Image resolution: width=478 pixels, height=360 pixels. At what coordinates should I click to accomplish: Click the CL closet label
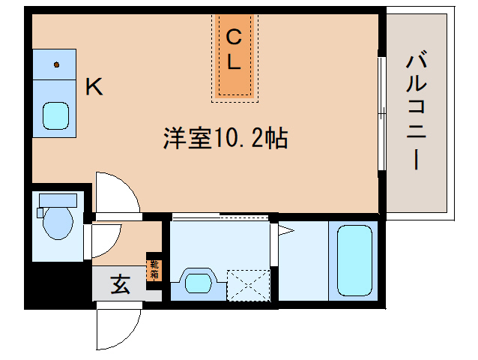coord(235,50)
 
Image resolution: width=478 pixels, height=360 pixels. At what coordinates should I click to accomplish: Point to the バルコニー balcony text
coord(417,113)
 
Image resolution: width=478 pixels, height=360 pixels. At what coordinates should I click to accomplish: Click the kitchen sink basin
coord(55,115)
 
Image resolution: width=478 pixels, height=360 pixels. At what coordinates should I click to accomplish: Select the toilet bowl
coord(57,223)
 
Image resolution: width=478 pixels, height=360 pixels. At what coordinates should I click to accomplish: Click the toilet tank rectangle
coord(57,200)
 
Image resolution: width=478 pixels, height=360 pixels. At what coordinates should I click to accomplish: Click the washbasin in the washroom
coord(199,283)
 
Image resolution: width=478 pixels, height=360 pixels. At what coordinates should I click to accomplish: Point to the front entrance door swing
coord(118,326)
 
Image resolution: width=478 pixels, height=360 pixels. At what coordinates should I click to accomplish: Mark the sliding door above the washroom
coord(221,217)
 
